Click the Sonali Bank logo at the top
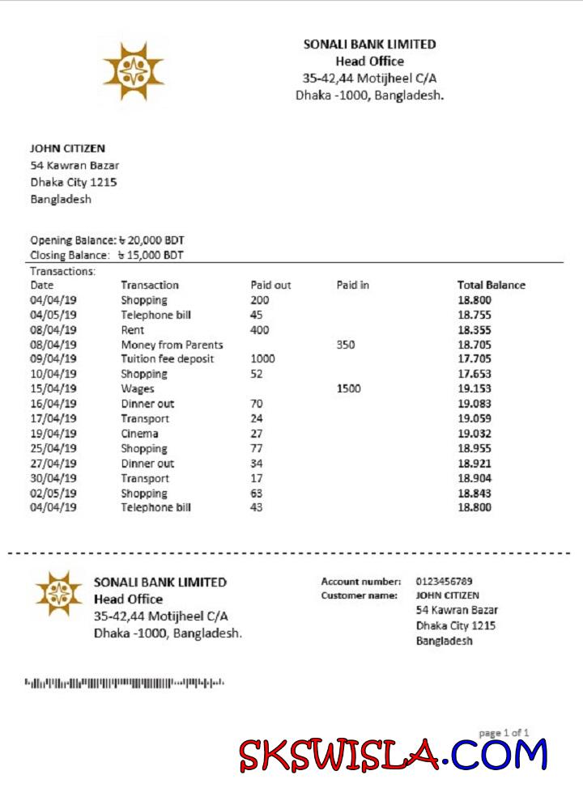[x=134, y=72]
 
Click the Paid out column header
[x=270, y=285]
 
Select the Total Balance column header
[x=491, y=285]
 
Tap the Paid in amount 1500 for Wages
[x=348, y=388]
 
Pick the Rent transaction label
[x=133, y=330]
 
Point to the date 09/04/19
[x=53, y=359]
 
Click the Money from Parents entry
[x=172, y=345]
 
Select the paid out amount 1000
[x=263, y=359]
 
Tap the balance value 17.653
[x=474, y=374]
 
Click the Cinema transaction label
[x=139, y=434]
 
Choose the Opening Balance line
[x=108, y=240]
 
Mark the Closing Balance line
[x=107, y=255]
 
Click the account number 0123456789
[x=444, y=581]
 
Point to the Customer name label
[x=359, y=595]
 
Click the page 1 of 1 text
[x=504, y=733]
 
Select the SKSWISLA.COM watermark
[x=394, y=755]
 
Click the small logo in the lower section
[x=59, y=594]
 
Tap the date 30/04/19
[x=53, y=478]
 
